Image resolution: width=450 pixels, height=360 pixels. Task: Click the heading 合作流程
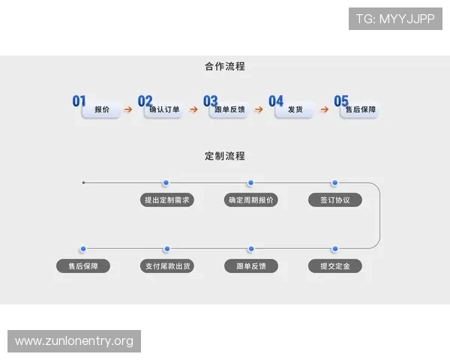[x=224, y=66]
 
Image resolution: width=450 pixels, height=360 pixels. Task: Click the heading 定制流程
[x=224, y=156]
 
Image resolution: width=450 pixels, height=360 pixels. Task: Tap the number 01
[x=79, y=100]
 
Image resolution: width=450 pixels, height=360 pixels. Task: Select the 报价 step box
[x=102, y=110]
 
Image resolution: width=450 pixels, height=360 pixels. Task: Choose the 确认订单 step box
[x=164, y=110]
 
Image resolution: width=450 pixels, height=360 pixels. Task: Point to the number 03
[x=210, y=100]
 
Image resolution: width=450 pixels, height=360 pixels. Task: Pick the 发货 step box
[x=294, y=110]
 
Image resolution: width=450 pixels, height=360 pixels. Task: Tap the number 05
[x=341, y=100]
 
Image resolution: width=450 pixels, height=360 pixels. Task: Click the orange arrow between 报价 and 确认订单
[x=127, y=109]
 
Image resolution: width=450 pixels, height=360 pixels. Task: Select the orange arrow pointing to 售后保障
[x=324, y=109]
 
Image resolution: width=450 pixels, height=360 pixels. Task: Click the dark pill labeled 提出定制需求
[x=166, y=200]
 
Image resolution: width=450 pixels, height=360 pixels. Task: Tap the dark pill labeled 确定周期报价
[x=250, y=200]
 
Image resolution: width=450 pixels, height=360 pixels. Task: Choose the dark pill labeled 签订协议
[x=334, y=200]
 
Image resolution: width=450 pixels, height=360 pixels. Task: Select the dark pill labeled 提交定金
[x=334, y=266]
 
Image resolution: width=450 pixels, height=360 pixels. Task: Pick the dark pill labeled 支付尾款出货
[x=166, y=266]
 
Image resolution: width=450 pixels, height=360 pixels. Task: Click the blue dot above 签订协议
[x=334, y=182]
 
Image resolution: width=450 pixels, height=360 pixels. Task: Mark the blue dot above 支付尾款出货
[x=166, y=248]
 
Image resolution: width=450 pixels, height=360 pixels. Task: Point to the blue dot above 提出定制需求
[x=166, y=182]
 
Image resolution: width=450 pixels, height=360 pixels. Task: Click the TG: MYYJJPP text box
[x=395, y=19]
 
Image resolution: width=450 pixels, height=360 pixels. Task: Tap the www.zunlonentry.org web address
[x=74, y=341]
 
